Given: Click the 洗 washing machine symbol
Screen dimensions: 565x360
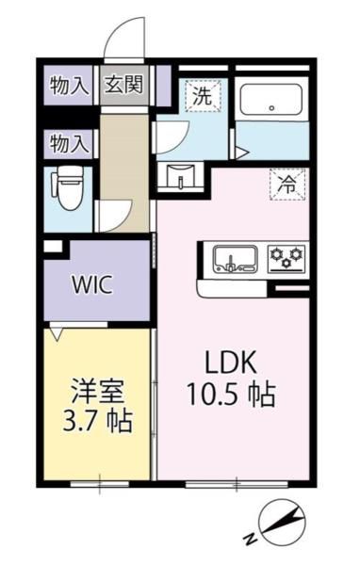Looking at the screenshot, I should tap(201, 95).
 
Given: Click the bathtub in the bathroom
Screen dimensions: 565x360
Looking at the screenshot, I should tap(270, 99).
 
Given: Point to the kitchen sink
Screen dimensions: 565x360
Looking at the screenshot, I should tap(230, 257).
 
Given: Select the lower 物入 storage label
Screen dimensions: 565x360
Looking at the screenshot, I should tap(69, 144).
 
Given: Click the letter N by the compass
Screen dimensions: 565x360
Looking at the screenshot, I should tap(250, 539).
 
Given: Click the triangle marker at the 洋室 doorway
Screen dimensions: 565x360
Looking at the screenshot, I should tap(58, 332).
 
